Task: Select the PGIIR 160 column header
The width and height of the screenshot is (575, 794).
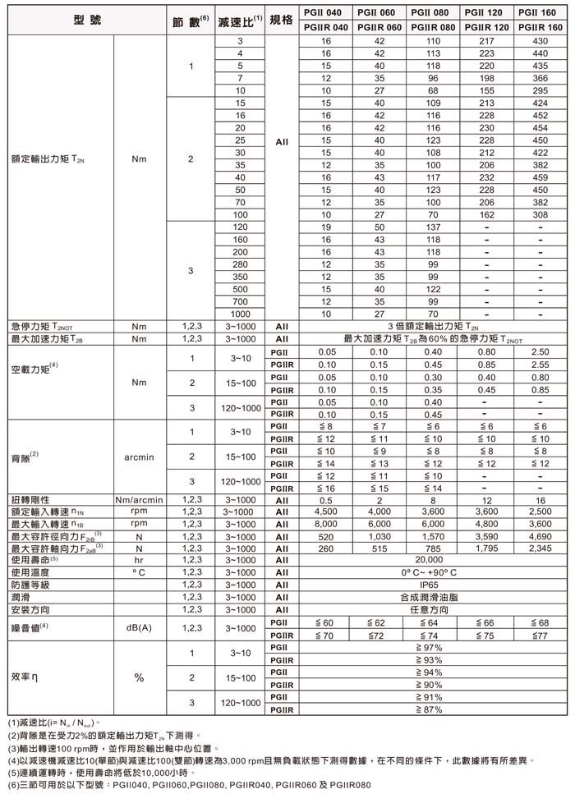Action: [540, 28]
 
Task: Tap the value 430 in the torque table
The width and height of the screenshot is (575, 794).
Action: [540, 40]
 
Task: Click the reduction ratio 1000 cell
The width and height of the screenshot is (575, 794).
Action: [241, 313]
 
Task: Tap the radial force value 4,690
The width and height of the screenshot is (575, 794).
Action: [540, 536]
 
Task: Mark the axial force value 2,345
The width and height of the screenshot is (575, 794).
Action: [540, 548]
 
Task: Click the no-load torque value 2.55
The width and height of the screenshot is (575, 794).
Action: [540, 363]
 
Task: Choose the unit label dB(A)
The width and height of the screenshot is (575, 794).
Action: [138, 628]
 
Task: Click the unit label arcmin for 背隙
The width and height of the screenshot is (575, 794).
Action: [138, 456]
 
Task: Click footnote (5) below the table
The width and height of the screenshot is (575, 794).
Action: [102, 772]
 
